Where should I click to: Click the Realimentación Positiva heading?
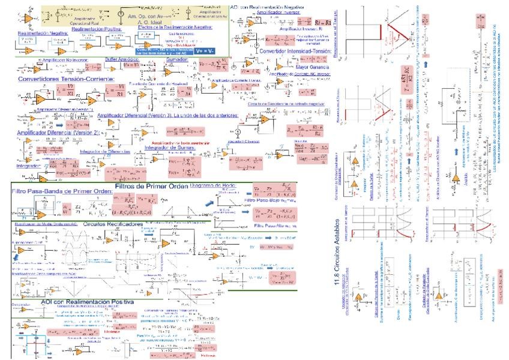(x=97, y=28)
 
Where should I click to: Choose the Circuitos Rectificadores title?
(x=113, y=223)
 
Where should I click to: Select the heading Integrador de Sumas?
(x=171, y=148)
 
